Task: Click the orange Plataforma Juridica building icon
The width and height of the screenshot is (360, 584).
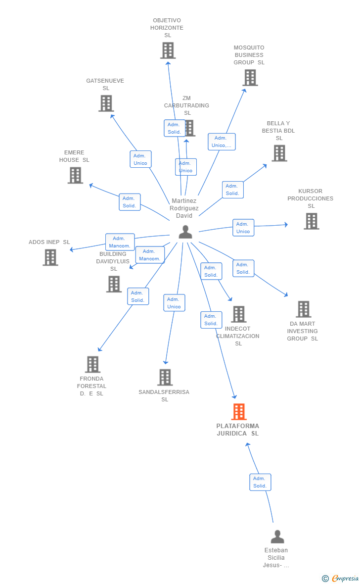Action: point(238,412)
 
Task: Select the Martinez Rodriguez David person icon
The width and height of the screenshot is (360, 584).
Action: point(185,232)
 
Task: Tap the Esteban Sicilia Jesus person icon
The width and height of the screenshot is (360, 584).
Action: point(277,536)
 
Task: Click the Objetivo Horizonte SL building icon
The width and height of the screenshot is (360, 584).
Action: point(168,50)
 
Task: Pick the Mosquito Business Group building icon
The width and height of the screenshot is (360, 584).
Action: point(250,78)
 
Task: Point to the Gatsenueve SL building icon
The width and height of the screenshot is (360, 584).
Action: point(106,103)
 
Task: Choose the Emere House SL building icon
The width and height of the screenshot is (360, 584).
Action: point(75,175)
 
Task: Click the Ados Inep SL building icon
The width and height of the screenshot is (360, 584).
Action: point(50,257)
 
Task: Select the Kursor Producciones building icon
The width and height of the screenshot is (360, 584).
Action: point(311,221)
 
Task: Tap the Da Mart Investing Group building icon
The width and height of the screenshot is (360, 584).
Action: point(303,309)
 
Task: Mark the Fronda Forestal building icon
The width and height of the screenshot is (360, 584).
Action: point(92,364)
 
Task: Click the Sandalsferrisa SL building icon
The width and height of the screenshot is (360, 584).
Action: point(165,377)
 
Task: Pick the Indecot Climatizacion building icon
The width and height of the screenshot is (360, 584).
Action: point(238,314)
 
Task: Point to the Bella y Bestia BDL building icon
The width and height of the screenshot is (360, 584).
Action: point(279,153)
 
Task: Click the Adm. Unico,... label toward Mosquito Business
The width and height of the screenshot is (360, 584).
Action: point(222,142)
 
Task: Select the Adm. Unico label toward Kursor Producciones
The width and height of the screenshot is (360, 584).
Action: point(243,228)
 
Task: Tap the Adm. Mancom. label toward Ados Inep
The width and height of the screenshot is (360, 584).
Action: point(120,242)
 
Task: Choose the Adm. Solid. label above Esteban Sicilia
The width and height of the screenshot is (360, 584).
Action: point(260,482)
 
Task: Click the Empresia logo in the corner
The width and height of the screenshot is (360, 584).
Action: point(341,578)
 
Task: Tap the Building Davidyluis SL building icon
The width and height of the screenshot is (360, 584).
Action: point(114,284)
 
